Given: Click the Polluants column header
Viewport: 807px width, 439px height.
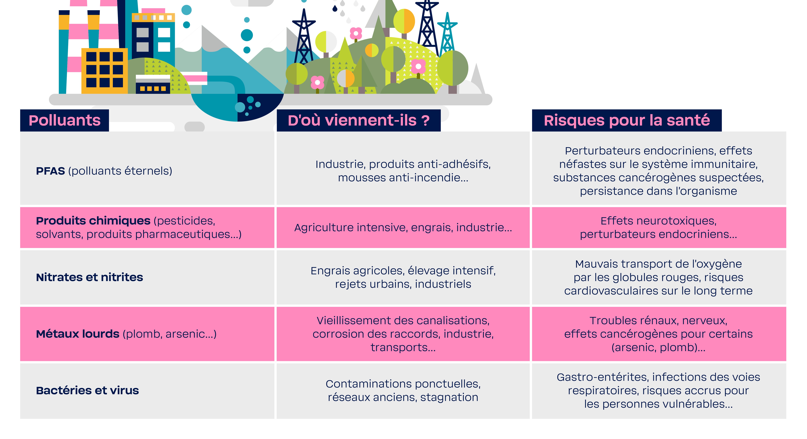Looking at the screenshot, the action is pos(65,121).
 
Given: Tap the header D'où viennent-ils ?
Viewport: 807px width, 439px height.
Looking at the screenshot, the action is pos(359,121).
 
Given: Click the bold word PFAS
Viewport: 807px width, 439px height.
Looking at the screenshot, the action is pos(50,171).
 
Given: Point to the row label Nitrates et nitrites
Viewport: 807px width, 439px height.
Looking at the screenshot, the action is pos(90,277).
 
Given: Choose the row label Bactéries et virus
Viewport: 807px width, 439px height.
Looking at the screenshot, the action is pos(87,390).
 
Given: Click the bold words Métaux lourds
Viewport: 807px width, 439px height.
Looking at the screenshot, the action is pos(78,334).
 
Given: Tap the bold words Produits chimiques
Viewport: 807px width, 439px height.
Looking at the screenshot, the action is pos(93,221).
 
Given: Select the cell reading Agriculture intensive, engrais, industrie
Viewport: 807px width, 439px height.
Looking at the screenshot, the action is pos(403,228).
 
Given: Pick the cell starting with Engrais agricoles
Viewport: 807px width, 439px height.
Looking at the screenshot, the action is pos(403,277).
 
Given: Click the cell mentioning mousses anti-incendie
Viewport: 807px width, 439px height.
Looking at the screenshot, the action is pos(403,171).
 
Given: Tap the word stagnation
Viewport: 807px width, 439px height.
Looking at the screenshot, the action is pos(449,397).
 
